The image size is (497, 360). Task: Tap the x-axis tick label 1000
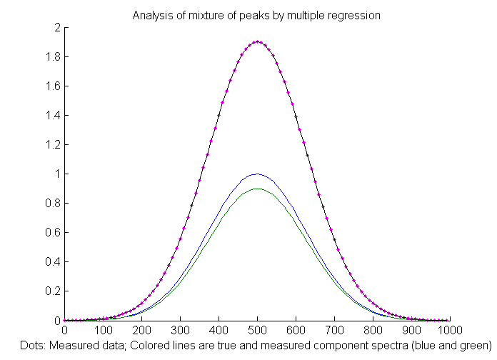(x=449, y=331)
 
